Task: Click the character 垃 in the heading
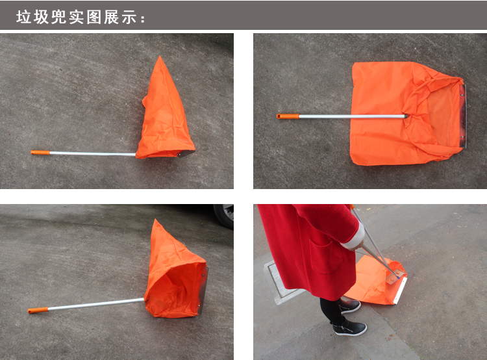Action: [x=23, y=17]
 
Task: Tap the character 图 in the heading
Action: [x=94, y=17]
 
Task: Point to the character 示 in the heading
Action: [x=129, y=17]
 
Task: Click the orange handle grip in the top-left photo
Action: [x=40, y=152]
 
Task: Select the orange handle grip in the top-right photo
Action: [x=288, y=116]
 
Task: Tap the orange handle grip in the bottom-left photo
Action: [x=38, y=310]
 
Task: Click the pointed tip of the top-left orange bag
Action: [x=160, y=57]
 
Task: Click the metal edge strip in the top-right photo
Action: [x=463, y=116]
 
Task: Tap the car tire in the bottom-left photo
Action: [x=223, y=216]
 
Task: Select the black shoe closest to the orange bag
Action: [x=350, y=305]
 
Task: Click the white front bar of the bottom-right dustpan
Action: [x=401, y=291]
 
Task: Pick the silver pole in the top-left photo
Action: [x=92, y=153]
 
